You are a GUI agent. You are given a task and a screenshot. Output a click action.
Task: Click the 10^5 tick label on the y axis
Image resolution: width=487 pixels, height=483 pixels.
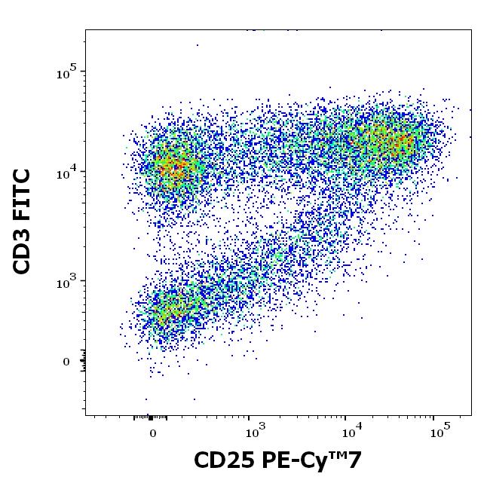coord(66,73)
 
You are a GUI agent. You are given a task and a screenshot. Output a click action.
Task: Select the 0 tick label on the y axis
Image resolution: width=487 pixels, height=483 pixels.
coord(66,362)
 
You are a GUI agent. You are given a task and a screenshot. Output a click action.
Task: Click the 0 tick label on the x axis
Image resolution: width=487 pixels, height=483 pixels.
coord(153,434)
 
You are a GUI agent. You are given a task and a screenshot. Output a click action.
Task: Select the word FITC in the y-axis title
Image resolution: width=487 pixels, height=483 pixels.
coord(23,194)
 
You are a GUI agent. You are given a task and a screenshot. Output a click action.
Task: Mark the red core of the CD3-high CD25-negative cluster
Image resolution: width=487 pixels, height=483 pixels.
coord(175,167)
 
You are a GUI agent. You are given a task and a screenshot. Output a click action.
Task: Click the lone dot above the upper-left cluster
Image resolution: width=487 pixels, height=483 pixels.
coord(198,45)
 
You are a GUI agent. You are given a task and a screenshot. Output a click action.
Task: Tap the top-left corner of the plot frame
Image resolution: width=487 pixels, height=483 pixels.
coord(85,30)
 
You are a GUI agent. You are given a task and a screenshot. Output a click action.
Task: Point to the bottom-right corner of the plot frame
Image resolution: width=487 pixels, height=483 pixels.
coord(472,414)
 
